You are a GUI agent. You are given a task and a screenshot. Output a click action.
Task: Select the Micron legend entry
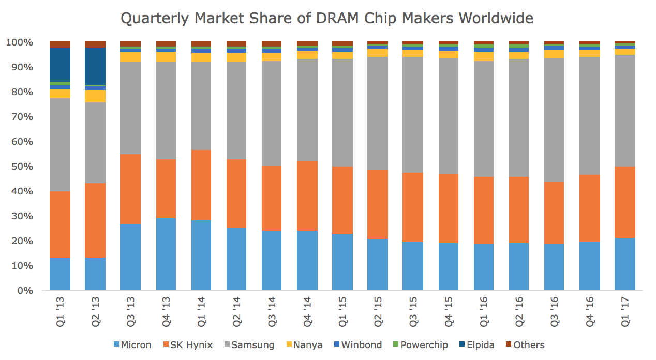[132, 345]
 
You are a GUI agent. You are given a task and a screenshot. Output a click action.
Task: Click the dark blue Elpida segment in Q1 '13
[60, 64]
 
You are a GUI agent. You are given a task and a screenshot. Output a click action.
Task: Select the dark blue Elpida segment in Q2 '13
[95, 66]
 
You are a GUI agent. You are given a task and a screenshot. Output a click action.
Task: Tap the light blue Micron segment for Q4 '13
[166, 253]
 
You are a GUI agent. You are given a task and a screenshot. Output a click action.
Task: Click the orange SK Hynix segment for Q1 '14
[201, 185]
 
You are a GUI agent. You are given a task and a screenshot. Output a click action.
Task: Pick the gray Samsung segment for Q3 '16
[554, 119]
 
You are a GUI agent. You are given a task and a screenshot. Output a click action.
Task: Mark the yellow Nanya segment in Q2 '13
[95, 96]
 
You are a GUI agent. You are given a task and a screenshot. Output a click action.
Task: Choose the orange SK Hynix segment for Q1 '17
[625, 202]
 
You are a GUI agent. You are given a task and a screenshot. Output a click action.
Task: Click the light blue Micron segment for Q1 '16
[484, 267]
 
